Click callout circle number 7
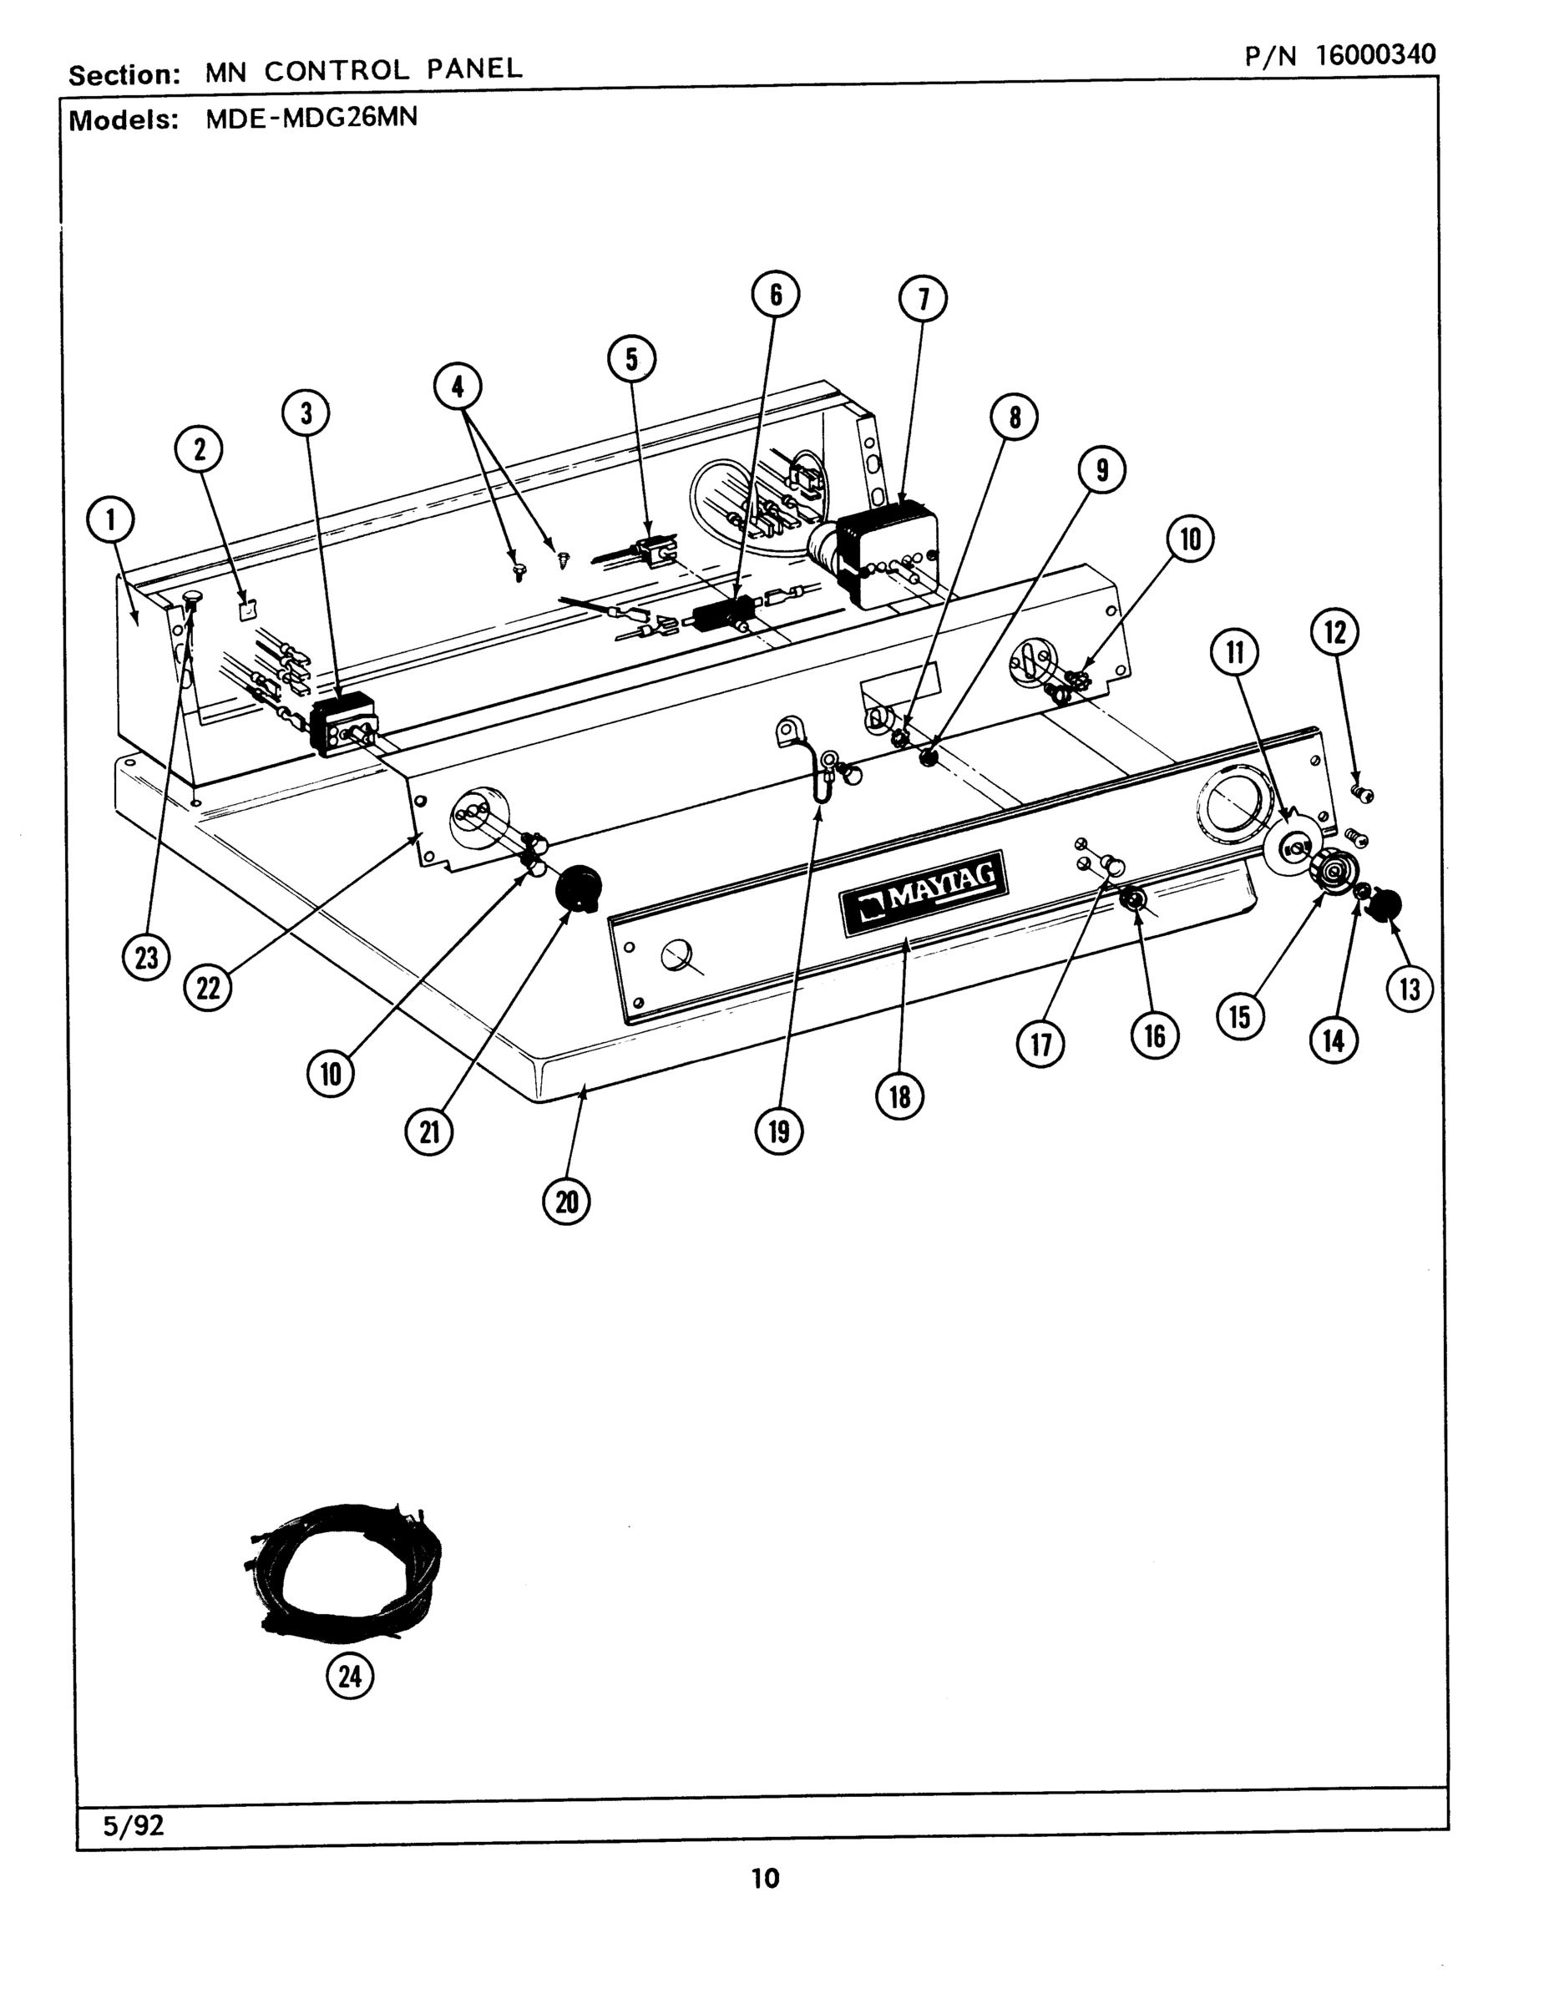pyautogui.click(x=924, y=299)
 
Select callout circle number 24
pyautogui.click(x=351, y=1678)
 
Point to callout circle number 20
pyautogui.click(x=566, y=1201)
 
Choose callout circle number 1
pyautogui.click(x=110, y=521)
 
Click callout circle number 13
pyautogui.click(x=1410, y=989)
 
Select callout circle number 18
pyautogui.click(x=900, y=1096)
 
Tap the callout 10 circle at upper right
pyautogui.click(x=1190, y=539)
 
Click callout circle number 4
pyautogui.click(x=458, y=388)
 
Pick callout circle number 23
pyautogui.click(x=147, y=959)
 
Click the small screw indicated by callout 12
pyautogui.click(x=1363, y=791)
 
